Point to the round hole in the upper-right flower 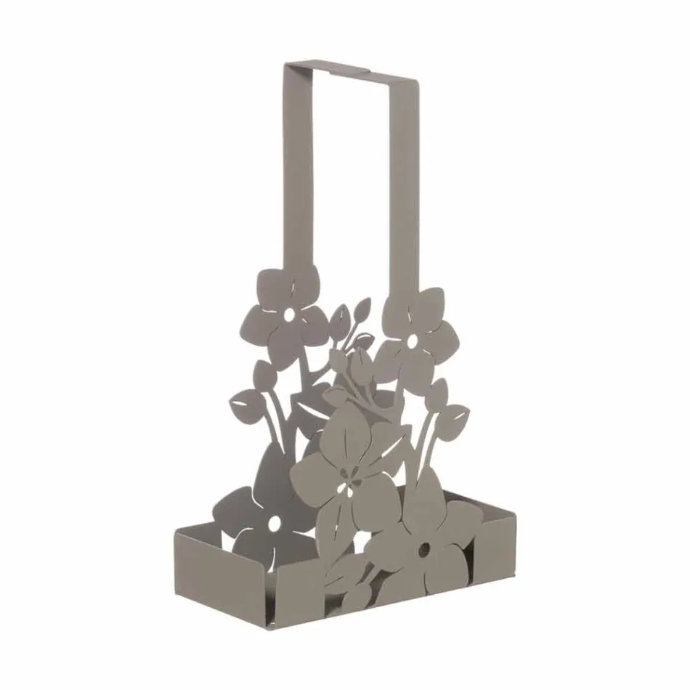pyautogui.click(x=413, y=340)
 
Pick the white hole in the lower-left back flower pyautogui.click(x=275, y=522)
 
